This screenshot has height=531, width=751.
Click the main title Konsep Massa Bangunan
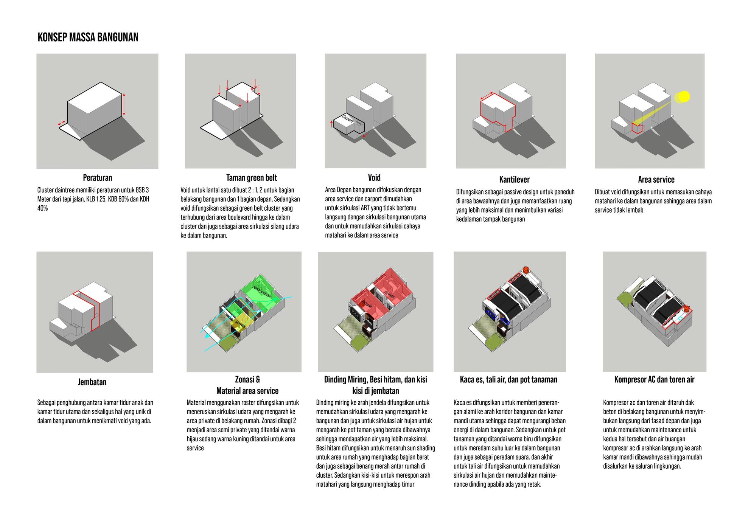[88, 37]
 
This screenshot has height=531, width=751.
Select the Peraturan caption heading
[98, 178]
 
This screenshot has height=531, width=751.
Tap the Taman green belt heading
[252, 178]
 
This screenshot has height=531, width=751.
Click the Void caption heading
[374, 178]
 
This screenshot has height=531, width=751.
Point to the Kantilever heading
[514, 180]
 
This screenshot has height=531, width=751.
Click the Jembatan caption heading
[92, 382]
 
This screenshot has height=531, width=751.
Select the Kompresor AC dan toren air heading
[654, 379]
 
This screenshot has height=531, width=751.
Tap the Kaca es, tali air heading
[508, 379]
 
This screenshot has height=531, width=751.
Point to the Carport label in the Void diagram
[347, 120]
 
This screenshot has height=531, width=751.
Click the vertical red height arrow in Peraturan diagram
[124, 104]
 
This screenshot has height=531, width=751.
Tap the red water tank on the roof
[526, 270]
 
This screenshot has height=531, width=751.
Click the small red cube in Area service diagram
[636, 128]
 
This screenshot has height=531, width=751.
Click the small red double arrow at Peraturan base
[61, 123]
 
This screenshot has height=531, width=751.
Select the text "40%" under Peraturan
[42, 208]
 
